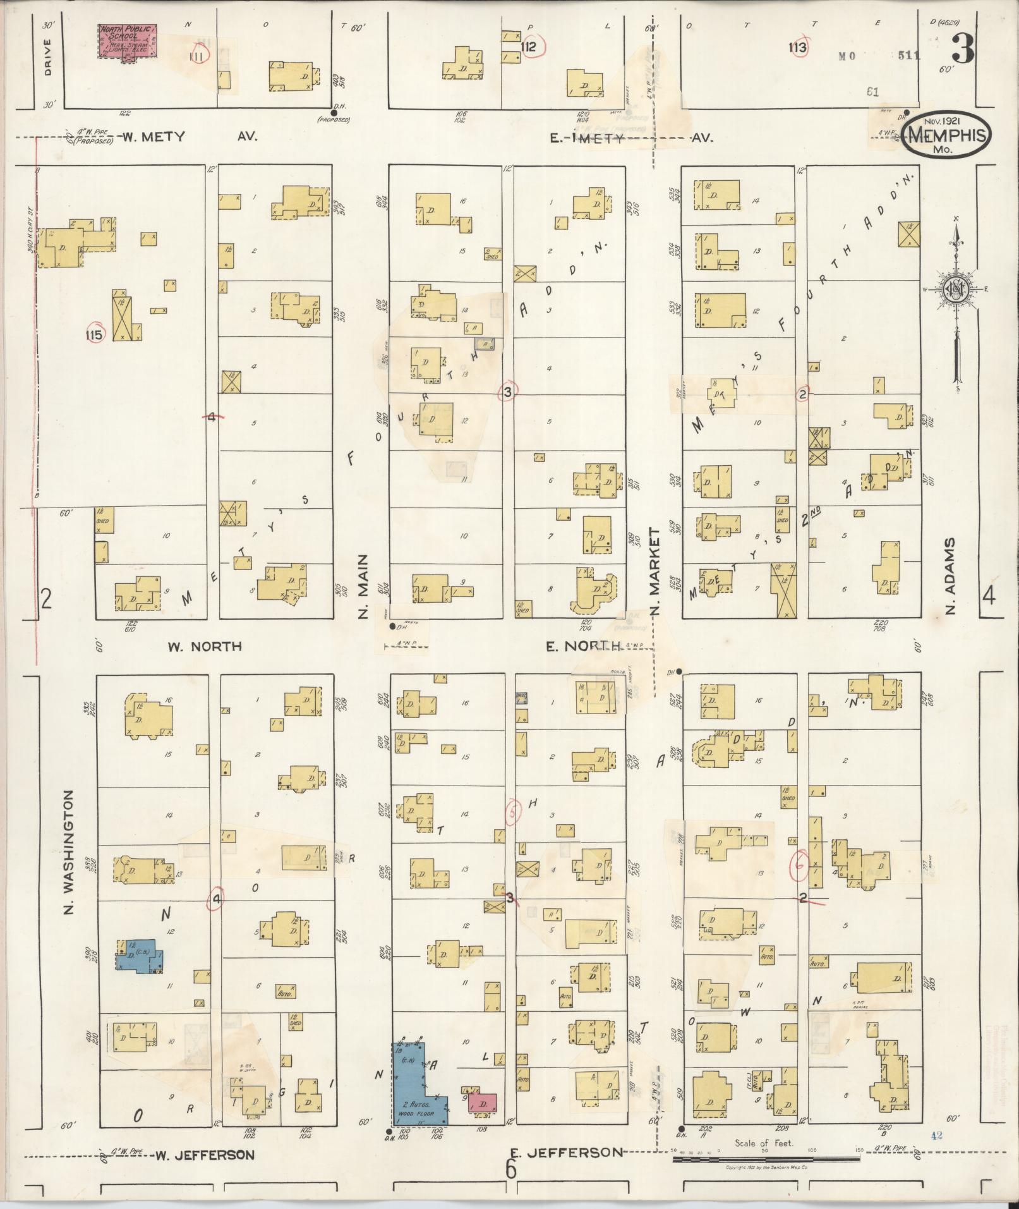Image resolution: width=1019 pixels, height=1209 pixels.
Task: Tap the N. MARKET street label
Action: click(654, 572)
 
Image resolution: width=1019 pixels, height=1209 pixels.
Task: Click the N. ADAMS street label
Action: click(950, 576)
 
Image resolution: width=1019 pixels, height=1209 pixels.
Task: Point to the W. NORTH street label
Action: click(205, 646)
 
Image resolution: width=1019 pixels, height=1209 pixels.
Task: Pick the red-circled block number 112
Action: click(529, 47)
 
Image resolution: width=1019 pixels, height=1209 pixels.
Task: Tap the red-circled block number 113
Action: click(798, 47)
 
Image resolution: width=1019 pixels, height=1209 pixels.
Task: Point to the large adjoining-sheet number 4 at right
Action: click(989, 596)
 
